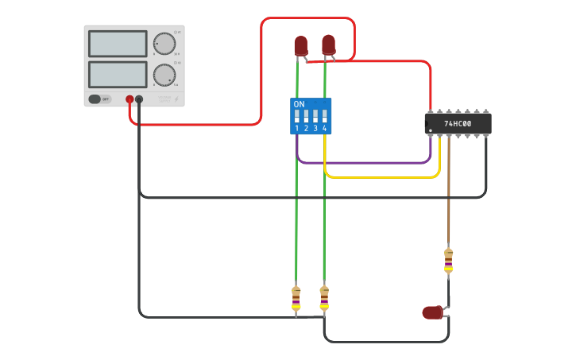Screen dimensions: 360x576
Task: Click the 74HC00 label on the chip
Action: (x=458, y=124)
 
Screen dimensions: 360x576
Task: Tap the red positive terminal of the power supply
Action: (x=130, y=99)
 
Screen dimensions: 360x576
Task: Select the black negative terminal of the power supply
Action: (x=139, y=99)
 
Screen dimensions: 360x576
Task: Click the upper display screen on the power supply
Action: (x=118, y=44)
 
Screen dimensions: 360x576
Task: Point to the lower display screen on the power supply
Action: (x=118, y=75)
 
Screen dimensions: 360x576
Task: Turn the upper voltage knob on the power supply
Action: (x=164, y=43)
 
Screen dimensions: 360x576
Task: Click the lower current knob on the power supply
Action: (x=164, y=75)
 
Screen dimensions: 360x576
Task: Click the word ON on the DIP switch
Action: (x=299, y=104)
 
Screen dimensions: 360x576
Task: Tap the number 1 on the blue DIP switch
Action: (x=296, y=128)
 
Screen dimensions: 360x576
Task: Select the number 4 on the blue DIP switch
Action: (x=325, y=128)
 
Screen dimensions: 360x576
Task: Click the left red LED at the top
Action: (x=300, y=45)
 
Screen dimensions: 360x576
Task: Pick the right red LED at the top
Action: (x=328, y=45)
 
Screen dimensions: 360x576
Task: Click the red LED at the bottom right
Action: (x=432, y=312)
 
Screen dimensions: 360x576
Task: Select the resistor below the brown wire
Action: (x=448, y=260)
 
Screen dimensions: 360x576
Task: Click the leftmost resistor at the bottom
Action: (x=296, y=298)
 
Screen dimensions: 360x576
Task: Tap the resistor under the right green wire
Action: (x=324, y=298)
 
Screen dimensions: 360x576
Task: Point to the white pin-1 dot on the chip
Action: (x=431, y=130)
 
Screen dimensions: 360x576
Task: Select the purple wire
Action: (x=365, y=163)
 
